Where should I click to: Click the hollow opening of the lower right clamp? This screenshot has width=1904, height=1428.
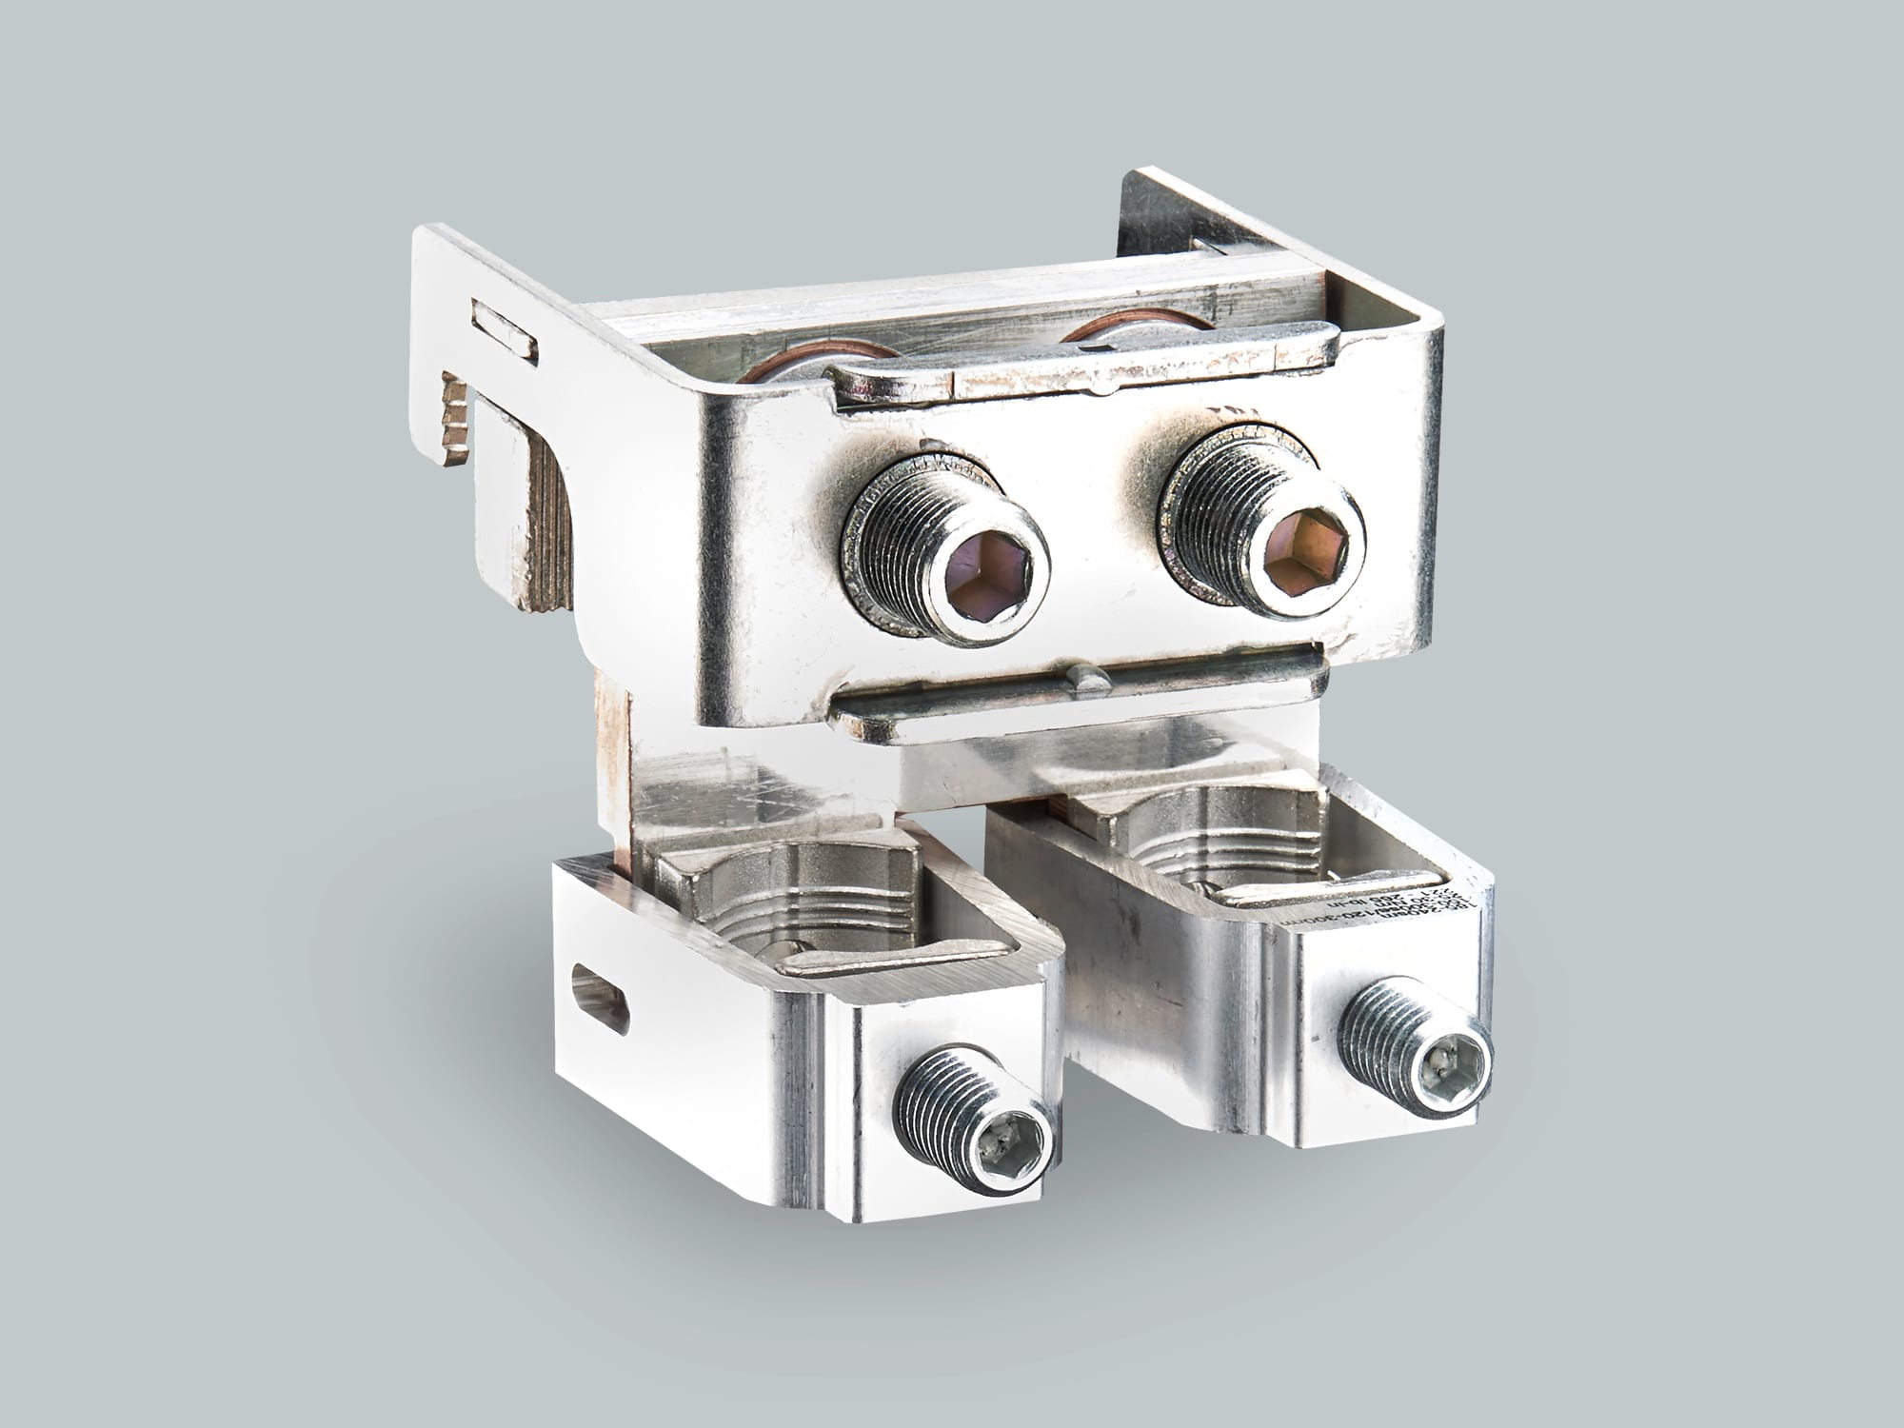pos(1228,838)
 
